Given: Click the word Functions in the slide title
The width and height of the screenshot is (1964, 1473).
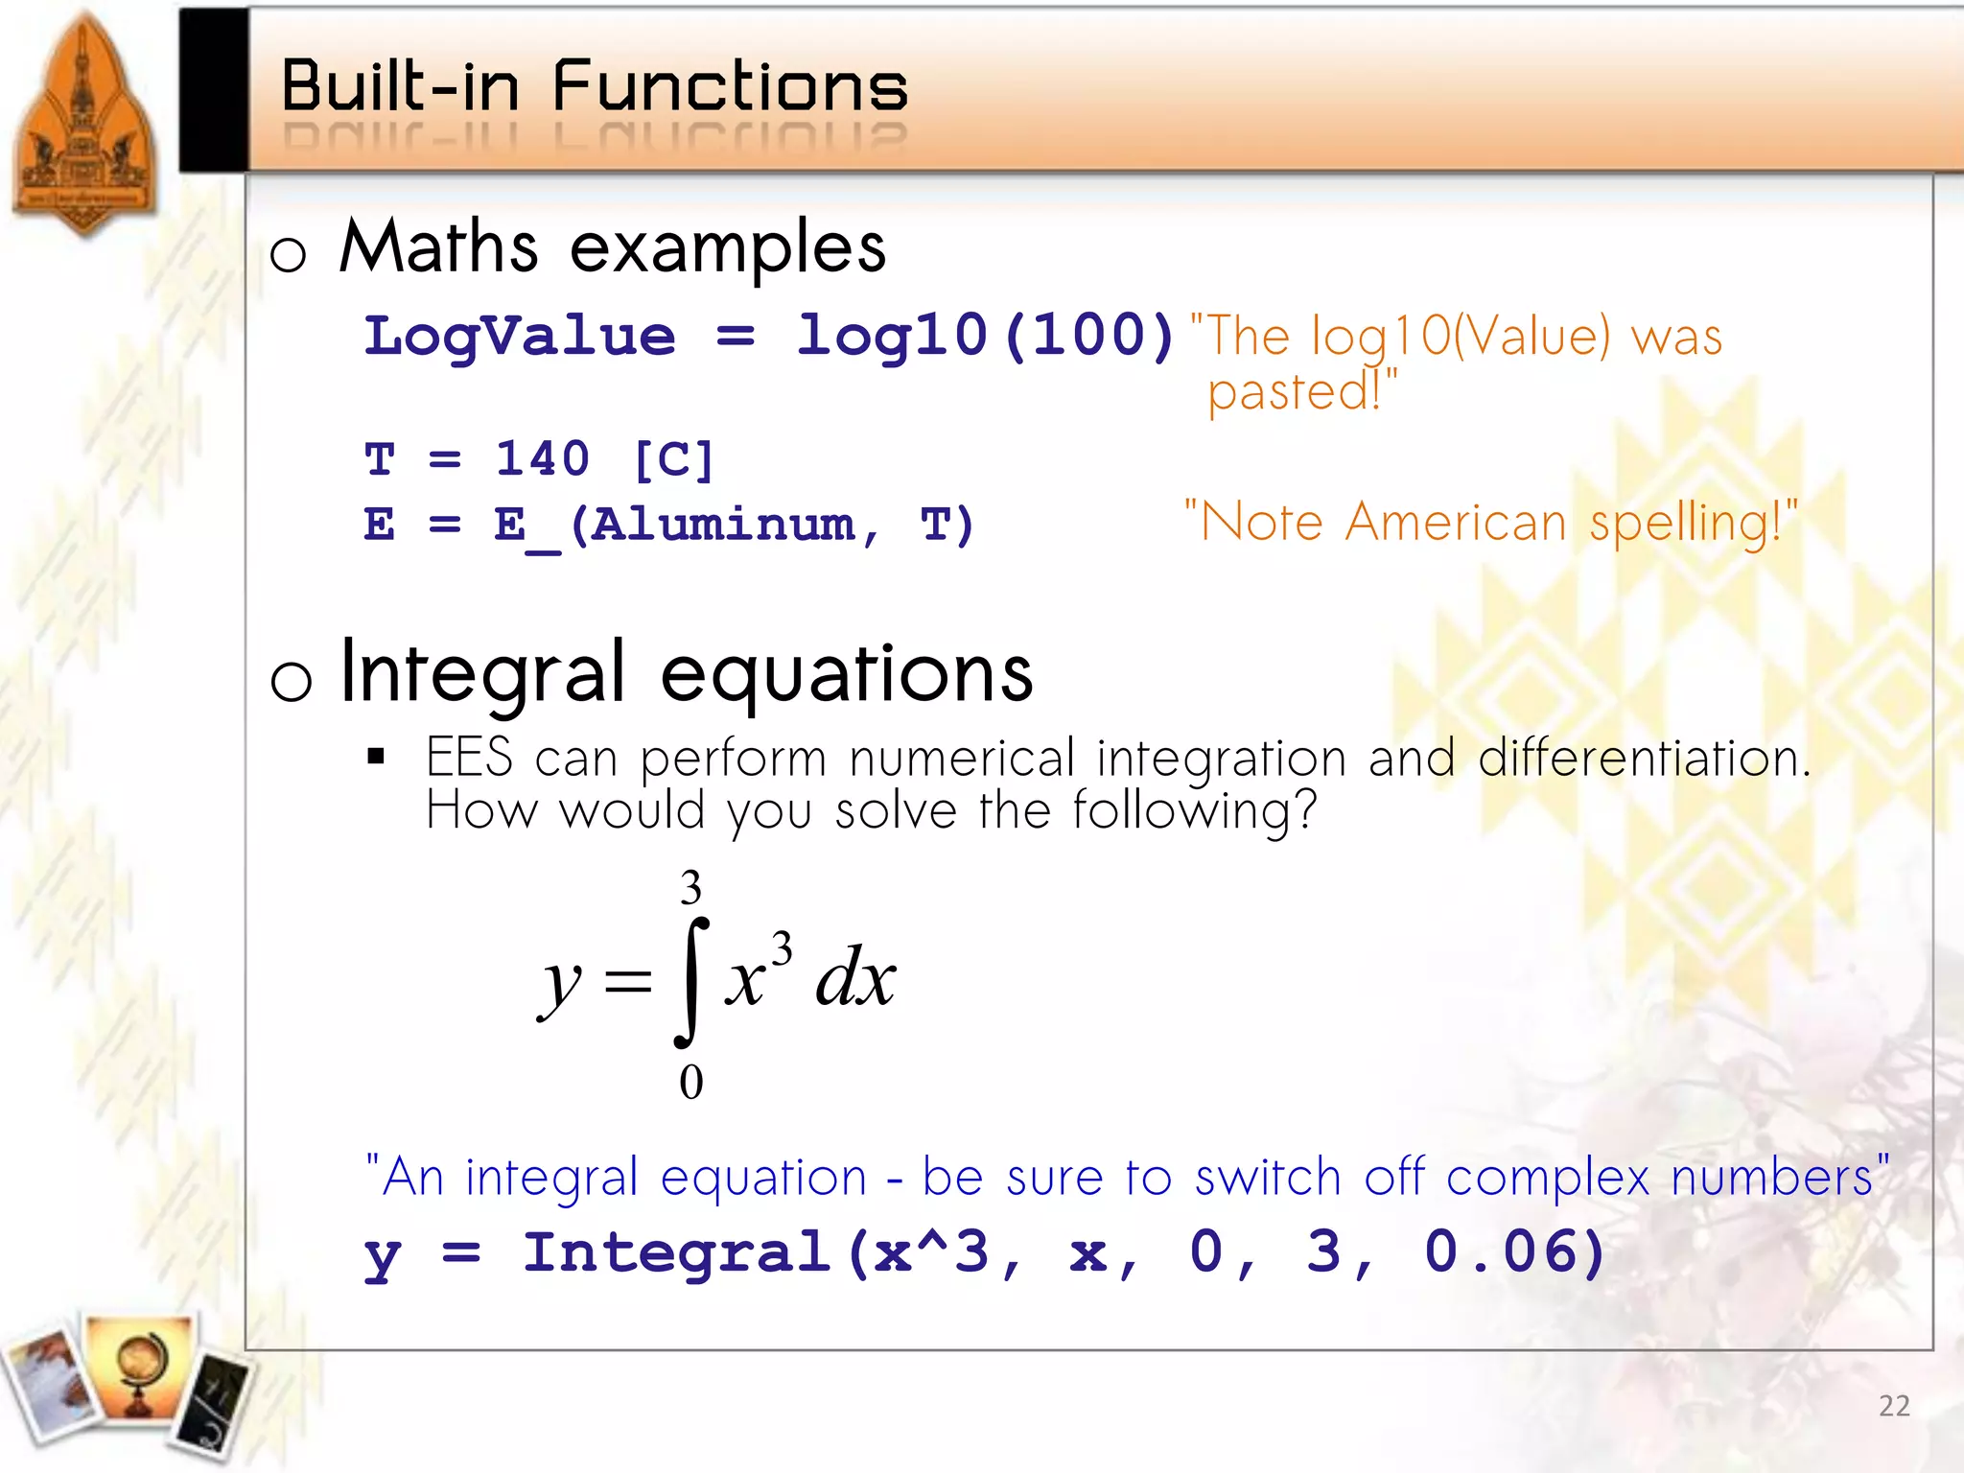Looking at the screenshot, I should pyautogui.click(x=729, y=87).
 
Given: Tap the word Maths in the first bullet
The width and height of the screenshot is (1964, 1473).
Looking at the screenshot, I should pyautogui.click(x=438, y=247).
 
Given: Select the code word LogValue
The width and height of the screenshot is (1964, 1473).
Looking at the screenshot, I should pyautogui.click(x=520, y=336).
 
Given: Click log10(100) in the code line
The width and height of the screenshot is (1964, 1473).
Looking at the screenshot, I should pyautogui.click(x=985, y=336).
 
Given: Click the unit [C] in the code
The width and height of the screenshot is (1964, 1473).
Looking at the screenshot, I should pyautogui.click(x=673, y=460).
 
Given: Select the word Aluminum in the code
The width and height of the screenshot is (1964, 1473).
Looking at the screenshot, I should pyautogui.click(x=721, y=525).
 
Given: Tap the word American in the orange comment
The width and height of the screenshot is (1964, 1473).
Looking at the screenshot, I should pyautogui.click(x=1455, y=524).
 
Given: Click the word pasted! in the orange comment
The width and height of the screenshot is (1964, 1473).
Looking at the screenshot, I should pyautogui.click(x=1299, y=391).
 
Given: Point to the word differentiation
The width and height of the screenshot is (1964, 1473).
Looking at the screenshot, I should pyautogui.click(x=1643, y=758).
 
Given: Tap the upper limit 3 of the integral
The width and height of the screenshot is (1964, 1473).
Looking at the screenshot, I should pyautogui.click(x=690, y=888).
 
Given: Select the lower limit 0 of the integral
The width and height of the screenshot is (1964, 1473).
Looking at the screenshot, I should pyautogui.click(x=690, y=1082).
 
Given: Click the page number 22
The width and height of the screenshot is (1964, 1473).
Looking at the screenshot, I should pyautogui.click(x=1893, y=1406).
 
